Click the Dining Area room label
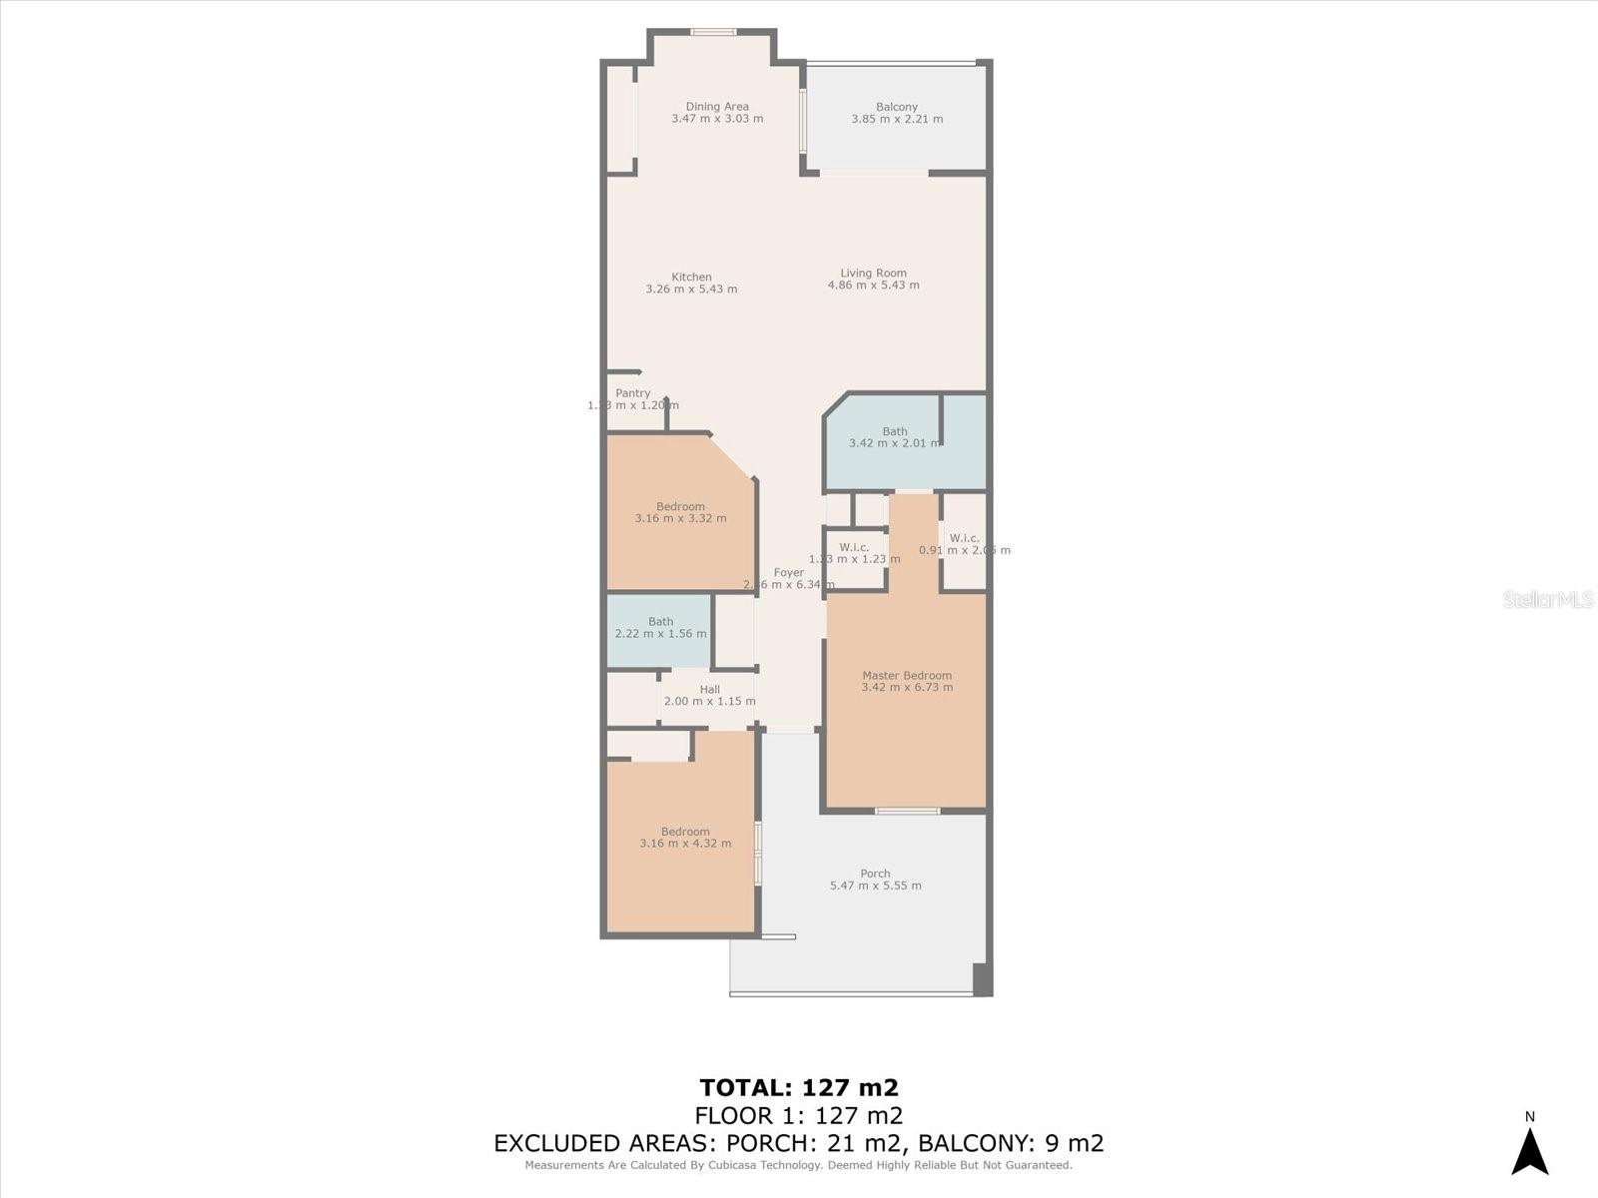point(717,107)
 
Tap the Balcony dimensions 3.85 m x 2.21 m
point(897,119)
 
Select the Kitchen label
point(691,278)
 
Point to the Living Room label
point(873,273)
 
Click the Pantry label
point(633,393)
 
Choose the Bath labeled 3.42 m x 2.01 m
point(894,437)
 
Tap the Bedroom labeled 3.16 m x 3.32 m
point(680,512)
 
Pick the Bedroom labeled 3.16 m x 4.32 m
point(685,837)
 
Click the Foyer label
point(788,573)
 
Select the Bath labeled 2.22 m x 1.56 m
point(660,627)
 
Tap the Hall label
point(709,690)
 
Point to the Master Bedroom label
point(907,676)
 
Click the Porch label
point(875,874)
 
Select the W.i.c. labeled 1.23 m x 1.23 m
point(854,553)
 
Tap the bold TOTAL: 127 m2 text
point(799,1087)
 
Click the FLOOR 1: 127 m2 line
point(799,1115)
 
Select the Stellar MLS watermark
point(1547,599)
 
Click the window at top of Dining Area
point(713,32)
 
